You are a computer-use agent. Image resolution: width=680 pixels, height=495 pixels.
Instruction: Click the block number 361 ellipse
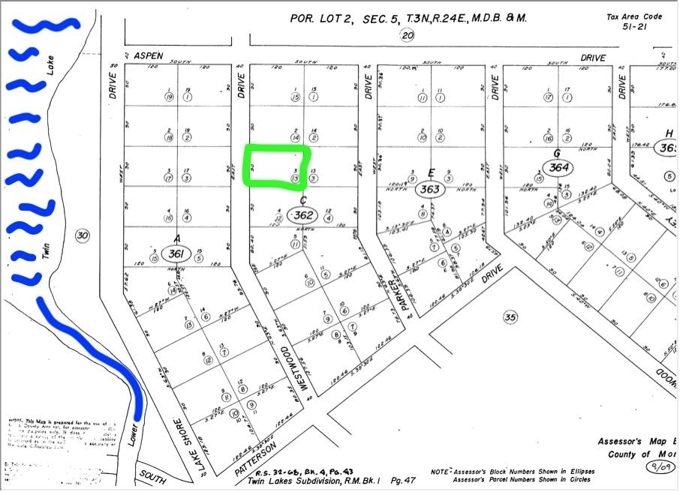pyautogui.click(x=176, y=253)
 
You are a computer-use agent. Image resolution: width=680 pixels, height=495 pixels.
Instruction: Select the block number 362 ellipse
pyautogui.click(x=305, y=216)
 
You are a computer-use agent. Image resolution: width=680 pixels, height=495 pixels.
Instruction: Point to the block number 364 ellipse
pyautogui.click(x=558, y=167)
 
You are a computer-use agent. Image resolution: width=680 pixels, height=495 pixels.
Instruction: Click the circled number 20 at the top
pyautogui.click(x=408, y=35)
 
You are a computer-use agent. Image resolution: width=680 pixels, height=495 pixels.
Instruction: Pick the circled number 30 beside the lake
pyautogui.click(x=83, y=236)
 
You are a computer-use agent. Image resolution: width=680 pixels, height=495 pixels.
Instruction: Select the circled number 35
pyautogui.click(x=510, y=317)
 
